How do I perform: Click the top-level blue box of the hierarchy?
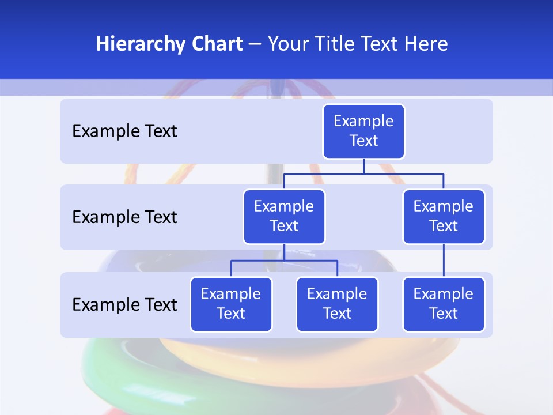point(363,131)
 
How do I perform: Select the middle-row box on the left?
point(284,217)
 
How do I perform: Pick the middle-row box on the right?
point(444,217)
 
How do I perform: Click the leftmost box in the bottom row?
point(231,304)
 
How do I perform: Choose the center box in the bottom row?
point(337,304)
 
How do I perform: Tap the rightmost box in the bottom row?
point(444,304)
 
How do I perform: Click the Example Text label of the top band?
point(124,131)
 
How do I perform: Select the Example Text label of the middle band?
point(124,217)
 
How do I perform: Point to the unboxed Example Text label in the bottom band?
point(124,304)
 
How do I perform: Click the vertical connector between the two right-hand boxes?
point(444,261)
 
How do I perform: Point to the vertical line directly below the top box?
point(363,166)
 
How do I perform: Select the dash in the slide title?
point(255,44)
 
